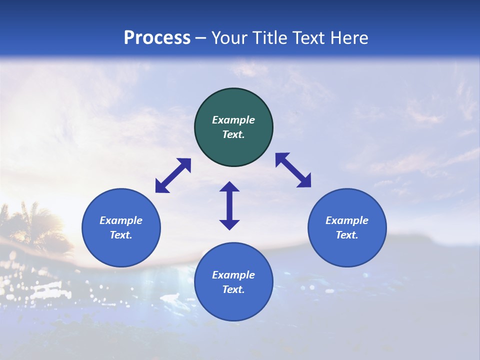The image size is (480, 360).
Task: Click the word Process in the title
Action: coord(157,38)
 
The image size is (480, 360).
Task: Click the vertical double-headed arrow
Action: coord(229,205)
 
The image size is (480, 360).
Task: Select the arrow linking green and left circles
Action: coord(173,175)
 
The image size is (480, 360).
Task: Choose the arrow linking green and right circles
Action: coord(293,170)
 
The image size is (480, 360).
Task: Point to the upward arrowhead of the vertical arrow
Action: coord(229,187)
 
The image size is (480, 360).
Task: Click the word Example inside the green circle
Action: coord(233,120)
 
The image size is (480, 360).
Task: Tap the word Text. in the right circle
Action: coord(347,235)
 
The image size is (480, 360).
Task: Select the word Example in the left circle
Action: coord(121,220)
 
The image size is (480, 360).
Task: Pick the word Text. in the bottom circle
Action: coord(233,289)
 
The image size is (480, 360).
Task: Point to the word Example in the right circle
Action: coord(347,220)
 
